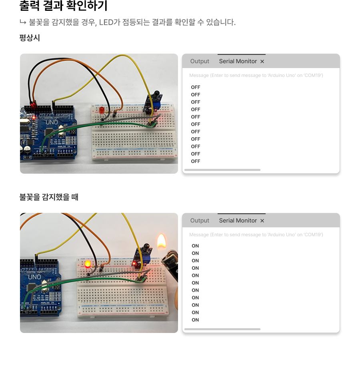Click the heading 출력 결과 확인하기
click(x=63, y=6)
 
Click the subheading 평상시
click(x=30, y=38)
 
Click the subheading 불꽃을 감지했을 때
click(x=49, y=197)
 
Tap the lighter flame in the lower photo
click(x=162, y=242)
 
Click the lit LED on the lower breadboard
click(x=88, y=264)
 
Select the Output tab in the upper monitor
click(x=200, y=61)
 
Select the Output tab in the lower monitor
click(x=200, y=221)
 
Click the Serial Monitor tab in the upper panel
click(x=238, y=61)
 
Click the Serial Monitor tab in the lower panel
click(x=238, y=221)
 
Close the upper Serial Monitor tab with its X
click(x=262, y=61)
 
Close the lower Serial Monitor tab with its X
click(x=262, y=221)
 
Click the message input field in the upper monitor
click(x=256, y=75)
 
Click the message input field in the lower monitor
click(x=256, y=235)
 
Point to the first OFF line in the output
click(x=196, y=87)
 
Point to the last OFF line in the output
click(x=196, y=161)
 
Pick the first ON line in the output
click(x=195, y=246)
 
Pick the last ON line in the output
click(x=195, y=320)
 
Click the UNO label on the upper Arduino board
click(x=52, y=122)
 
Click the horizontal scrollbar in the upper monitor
click(x=222, y=170)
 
